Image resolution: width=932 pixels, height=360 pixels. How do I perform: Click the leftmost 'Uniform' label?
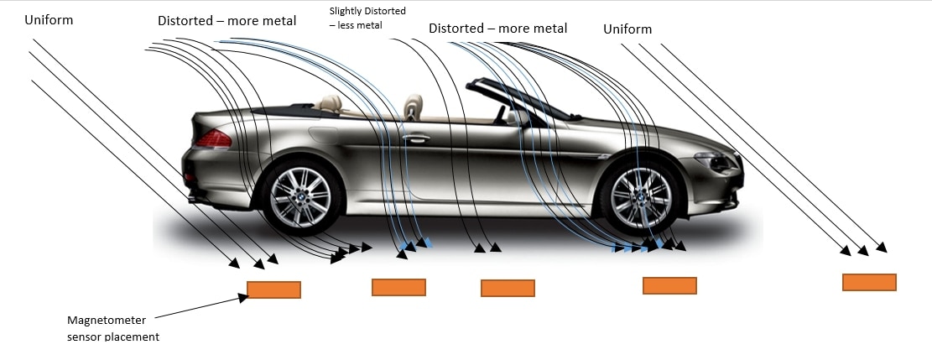pos(49,19)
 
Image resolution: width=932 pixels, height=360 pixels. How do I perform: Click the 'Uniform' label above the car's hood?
pos(627,29)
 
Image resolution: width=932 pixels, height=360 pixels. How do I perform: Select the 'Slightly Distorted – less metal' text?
pos(367,18)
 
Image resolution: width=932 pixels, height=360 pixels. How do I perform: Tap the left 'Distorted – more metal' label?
pos(226,21)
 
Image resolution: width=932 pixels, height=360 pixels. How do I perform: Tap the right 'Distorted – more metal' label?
pos(497,29)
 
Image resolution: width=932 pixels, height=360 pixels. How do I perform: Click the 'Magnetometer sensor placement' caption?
pos(112,328)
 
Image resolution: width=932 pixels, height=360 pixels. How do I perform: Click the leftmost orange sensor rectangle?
pos(273,290)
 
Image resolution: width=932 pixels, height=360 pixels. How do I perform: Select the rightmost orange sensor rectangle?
pos(868,282)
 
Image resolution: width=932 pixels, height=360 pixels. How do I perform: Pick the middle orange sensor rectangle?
pos(508,288)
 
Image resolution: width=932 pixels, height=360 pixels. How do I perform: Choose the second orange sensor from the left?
pos(398,287)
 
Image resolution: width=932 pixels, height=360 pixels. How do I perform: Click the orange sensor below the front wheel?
pos(669,285)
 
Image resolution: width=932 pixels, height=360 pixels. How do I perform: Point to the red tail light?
pos(213,139)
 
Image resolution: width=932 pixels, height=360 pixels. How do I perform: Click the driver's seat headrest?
pos(413,107)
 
